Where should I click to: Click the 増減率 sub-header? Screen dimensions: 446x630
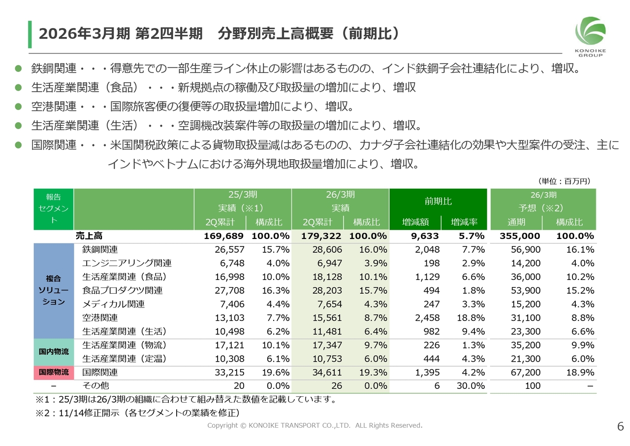(464, 222)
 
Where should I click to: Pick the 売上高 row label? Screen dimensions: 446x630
(89, 236)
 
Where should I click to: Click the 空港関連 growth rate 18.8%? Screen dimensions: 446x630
(471, 318)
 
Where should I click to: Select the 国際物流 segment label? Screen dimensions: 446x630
(54, 373)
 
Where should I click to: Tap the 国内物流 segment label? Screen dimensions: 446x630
(54, 352)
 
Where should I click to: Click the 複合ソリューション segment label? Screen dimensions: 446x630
(54, 291)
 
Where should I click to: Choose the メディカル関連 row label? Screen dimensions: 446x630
(113, 304)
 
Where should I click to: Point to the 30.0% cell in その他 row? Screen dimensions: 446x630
(471, 386)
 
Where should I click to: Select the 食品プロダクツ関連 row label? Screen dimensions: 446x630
(123, 290)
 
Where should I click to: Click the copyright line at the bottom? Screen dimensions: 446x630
(315, 425)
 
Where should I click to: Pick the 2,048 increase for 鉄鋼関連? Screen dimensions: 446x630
(427, 250)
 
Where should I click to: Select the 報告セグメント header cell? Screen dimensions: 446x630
(54, 209)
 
